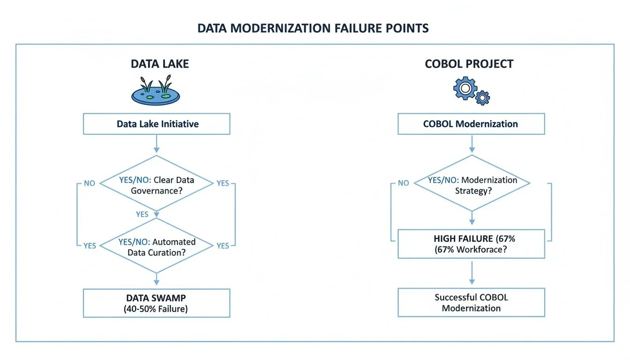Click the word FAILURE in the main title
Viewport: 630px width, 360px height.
[358, 28]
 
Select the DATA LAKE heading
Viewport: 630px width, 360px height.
[160, 64]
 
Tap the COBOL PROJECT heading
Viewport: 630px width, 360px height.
[469, 64]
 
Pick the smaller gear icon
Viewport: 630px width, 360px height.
[482, 98]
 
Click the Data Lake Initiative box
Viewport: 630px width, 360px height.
[157, 124]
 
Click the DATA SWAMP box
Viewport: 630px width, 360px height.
[157, 303]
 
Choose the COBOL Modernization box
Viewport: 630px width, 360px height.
[471, 124]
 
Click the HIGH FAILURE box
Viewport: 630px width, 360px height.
[471, 244]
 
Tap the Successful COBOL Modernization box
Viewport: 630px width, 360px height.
[471, 303]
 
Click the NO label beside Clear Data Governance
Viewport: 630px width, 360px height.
[90, 183]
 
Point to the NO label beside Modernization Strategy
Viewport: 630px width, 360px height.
[403, 183]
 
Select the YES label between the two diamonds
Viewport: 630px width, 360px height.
[142, 214]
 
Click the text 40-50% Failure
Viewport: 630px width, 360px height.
[157, 309]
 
